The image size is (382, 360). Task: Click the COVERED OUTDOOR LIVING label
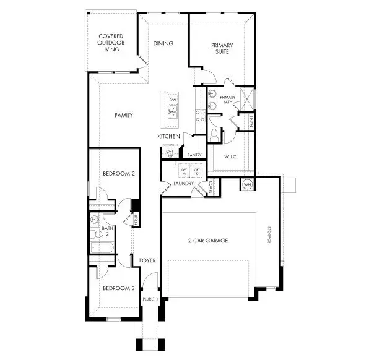pos(111,43)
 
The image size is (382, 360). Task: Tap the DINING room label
pos(163,43)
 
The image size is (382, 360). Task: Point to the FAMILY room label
pos(124,115)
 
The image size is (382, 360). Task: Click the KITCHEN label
pos(168,136)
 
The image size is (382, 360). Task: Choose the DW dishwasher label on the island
pos(173,100)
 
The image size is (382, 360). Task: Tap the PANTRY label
pos(194,155)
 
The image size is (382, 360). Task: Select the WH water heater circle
pos(246,184)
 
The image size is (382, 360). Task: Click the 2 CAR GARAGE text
pos(207,241)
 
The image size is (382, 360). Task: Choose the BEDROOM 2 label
pos(118,174)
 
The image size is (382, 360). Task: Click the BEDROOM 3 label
pos(118,288)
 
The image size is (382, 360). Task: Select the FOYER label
pos(147,260)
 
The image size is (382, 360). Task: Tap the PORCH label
pos(150,299)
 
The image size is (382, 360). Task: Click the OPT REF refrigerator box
pos(169,152)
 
